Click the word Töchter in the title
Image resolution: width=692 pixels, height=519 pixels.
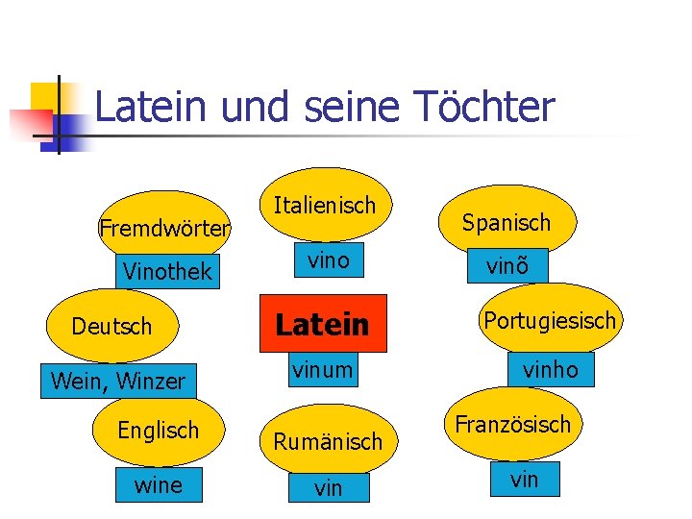pos(492,107)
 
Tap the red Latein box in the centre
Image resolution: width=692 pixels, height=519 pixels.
pos(323,325)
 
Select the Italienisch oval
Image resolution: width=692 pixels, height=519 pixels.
pos(325,205)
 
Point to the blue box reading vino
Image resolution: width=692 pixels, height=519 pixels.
pos(328,260)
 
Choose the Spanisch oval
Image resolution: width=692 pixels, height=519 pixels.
pos(507,223)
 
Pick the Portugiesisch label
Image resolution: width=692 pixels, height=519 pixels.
pos(550,320)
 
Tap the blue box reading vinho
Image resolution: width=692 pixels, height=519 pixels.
pos(550,370)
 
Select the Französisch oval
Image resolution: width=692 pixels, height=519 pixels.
pos(512,424)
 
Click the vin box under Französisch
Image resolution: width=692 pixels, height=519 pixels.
pos(524,480)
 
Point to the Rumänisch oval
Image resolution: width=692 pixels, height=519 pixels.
pos(328,441)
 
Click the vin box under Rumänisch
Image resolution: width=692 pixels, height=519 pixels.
pos(328,488)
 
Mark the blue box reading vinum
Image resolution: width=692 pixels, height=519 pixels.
pos(323,369)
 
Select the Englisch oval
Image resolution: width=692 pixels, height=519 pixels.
pos(159,430)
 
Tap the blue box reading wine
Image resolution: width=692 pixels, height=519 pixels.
pos(159,485)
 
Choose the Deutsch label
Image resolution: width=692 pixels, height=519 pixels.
pos(111,327)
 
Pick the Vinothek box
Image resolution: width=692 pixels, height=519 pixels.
pos(167,272)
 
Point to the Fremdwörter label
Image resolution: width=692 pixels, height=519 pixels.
pos(164,229)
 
